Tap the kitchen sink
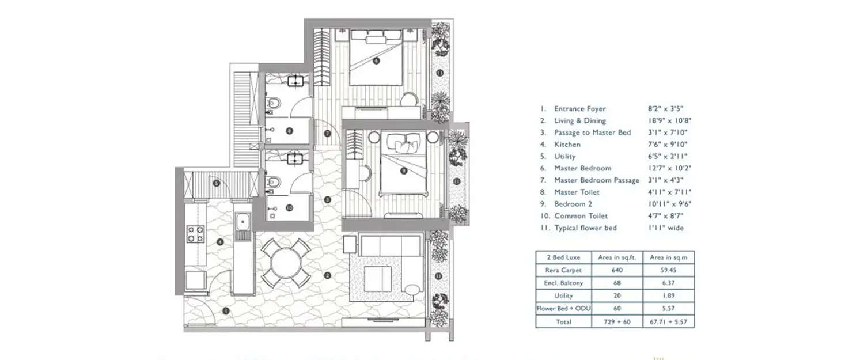pyautogui.click(x=243, y=221)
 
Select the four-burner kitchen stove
pyautogui.click(x=195, y=233)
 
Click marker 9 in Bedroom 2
pyautogui.click(x=403, y=170)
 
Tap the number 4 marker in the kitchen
pyautogui.click(x=221, y=241)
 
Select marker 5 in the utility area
pyautogui.click(x=216, y=184)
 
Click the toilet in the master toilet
pyautogui.click(x=275, y=104)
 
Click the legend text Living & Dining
pyautogui.click(x=579, y=120)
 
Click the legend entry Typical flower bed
pyautogui.click(x=585, y=228)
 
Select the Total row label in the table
pyautogui.click(x=563, y=321)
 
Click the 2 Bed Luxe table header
pyautogui.click(x=563, y=257)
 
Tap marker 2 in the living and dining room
pyautogui.click(x=327, y=275)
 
